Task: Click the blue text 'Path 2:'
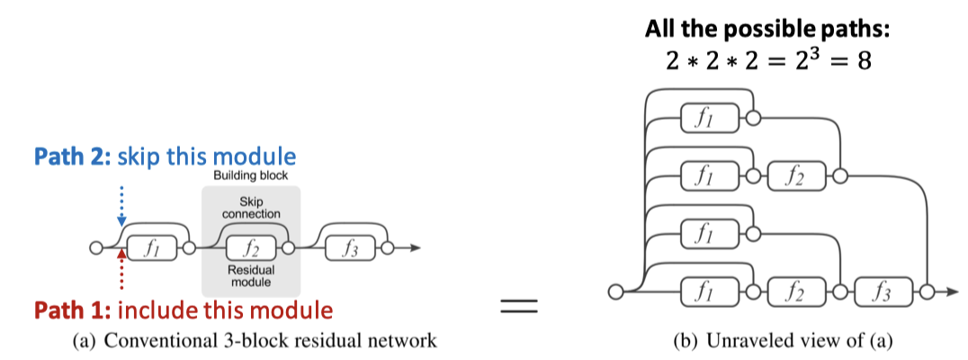pos(67,155)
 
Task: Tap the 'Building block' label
pos(251,175)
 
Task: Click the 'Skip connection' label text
pos(251,208)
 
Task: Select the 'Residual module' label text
pos(251,275)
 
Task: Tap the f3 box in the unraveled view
pos(883,291)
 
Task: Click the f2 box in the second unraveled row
pos(793,175)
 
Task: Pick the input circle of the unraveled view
pos(615,292)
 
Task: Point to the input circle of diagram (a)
pos(96,248)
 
